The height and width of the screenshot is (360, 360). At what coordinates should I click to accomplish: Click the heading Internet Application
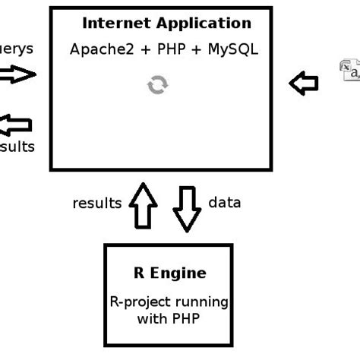coord(166,24)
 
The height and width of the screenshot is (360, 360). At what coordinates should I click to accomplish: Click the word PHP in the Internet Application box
coord(172,50)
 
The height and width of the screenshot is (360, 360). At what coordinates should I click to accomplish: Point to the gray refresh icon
coord(157,86)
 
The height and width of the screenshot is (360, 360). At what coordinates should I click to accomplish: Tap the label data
coord(224,203)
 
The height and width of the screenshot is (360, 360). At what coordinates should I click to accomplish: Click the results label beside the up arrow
coord(97,203)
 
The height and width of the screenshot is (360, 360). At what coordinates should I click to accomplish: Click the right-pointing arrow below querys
coord(17,74)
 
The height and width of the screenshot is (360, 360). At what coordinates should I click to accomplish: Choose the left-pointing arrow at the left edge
coord(17,124)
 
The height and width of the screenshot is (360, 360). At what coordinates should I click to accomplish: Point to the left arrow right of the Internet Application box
coord(304,83)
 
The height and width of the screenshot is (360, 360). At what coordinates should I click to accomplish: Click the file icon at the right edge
coord(349,70)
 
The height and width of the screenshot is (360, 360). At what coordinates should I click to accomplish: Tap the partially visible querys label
coord(15,49)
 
